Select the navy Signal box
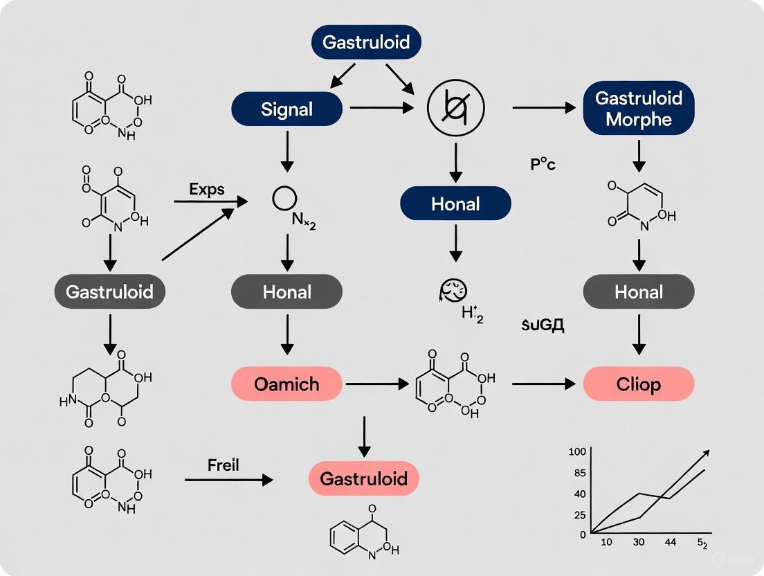click(x=286, y=109)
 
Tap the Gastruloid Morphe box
click(x=638, y=108)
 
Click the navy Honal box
click(x=455, y=204)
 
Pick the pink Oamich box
click(x=286, y=383)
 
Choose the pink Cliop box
click(x=638, y=384)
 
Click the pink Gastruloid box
click(x=363, y=478)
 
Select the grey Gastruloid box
click(x=109, y=292)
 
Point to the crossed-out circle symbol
click(x=456, y=109)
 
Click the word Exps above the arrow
click(x=206, y=189)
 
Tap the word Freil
click(x=223, y=465)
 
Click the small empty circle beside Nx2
click(x=284, y=199)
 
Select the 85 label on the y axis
click(x=579, y=474)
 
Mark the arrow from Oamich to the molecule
click(x=374, y=383)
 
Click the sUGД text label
click(x=543, y=325)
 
